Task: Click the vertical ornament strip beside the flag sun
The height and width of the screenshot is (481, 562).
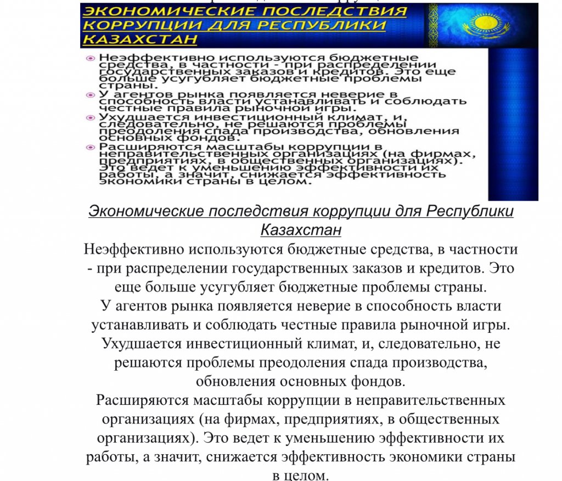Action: [433, 25]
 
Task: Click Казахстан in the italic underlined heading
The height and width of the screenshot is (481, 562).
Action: [301, 230]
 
